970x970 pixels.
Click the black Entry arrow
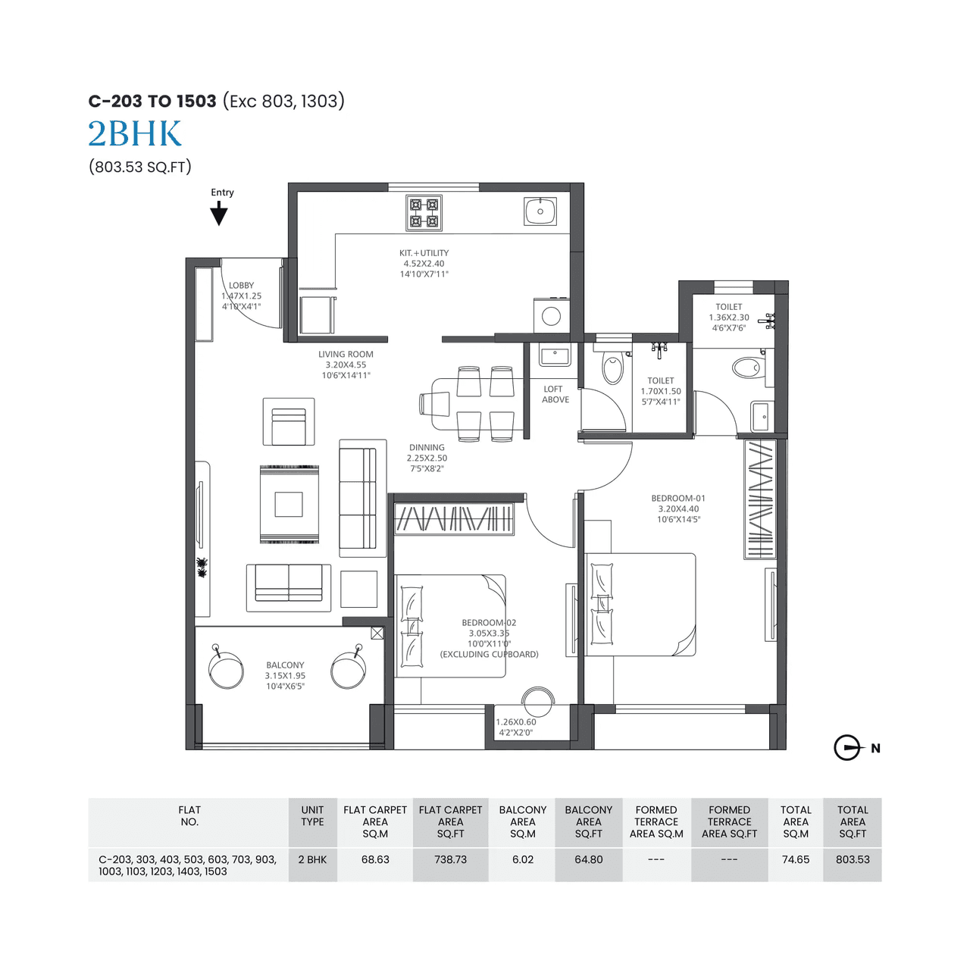(x=219, y=214)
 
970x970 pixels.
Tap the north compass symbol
(x=848, y=748)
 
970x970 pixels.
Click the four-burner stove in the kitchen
(x=424, y=213)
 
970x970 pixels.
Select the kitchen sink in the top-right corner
(x=540, y=211)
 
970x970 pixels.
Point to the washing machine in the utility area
(x=551, y=316)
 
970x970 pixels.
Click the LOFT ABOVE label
(x=555, y=394)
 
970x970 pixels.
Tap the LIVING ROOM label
(x=346, y=354)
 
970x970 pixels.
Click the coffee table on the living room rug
(x=289, y=504)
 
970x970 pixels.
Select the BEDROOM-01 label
(x=678, y=498)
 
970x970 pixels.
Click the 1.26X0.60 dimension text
(x=516, y=722)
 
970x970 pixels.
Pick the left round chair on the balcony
(x=226, y=671)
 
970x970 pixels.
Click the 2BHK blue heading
(x=135, y=134)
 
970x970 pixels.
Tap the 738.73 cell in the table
(x=450, y=859)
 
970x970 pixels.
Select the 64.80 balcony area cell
(x=588, y=859)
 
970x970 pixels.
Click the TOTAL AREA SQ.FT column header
(x=852, y=821)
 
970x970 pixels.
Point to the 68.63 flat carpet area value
(x=375, y=859)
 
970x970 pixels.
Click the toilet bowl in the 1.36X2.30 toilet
(x=746, y=368)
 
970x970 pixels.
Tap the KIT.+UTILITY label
(x=424, y=253)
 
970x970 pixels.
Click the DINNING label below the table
(x=427, y=447)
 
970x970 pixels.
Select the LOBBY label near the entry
(x=242, y=286)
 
